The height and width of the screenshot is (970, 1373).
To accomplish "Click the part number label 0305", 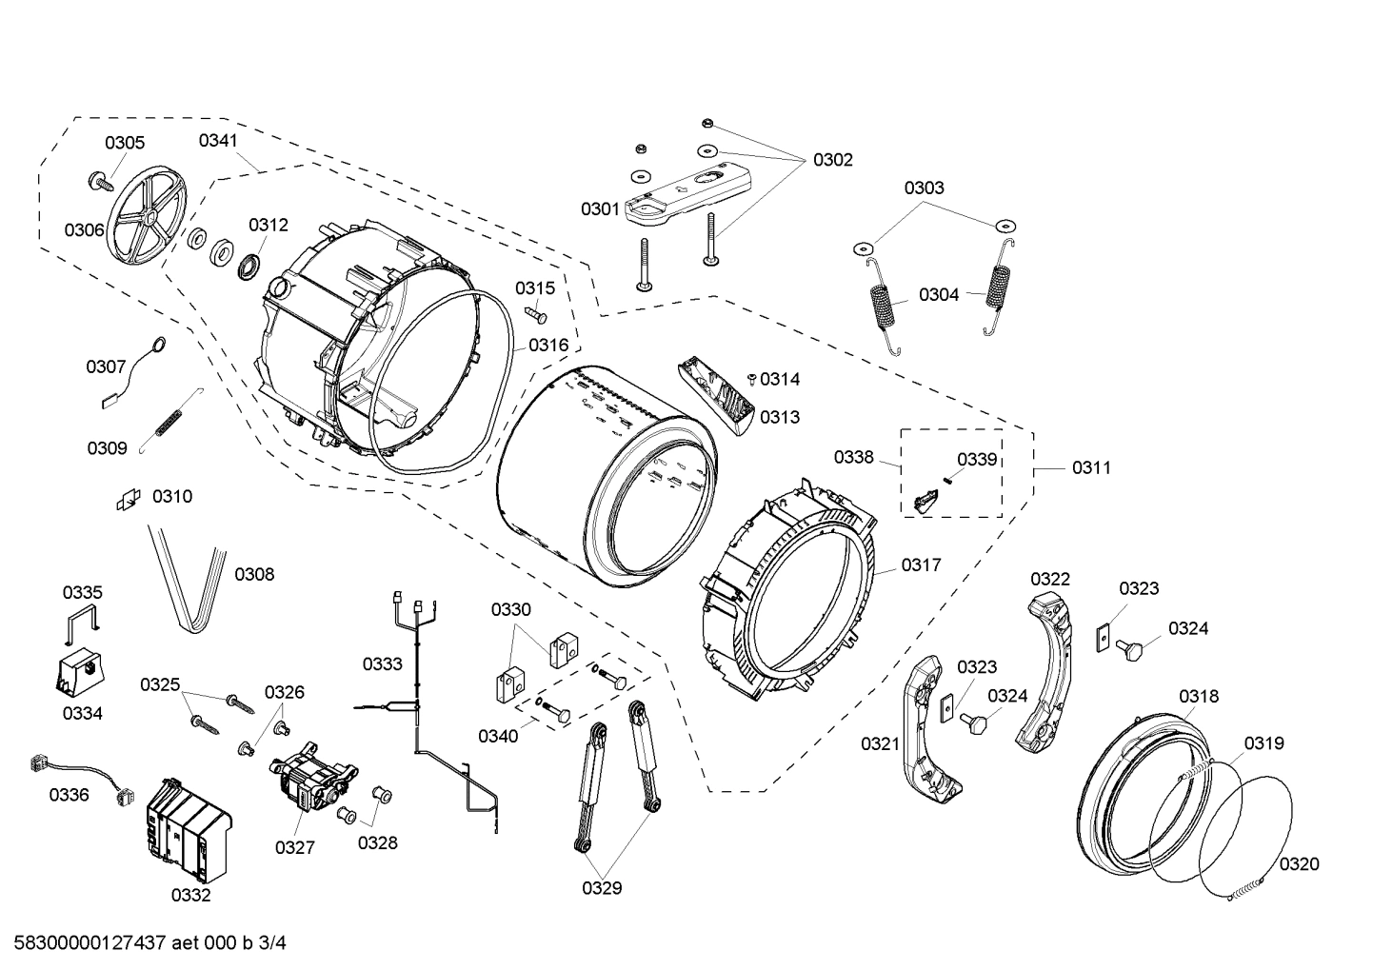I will [x=125, y=143].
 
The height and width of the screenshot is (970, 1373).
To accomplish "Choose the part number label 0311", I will [x=1091, y=467].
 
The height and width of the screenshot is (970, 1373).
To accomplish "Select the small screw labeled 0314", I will [x=752, y=380].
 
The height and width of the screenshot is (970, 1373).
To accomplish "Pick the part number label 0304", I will [x=939, y=295].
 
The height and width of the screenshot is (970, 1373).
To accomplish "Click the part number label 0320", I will [x=1299, y=863].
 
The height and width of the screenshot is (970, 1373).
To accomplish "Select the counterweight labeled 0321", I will [x=928, y=723].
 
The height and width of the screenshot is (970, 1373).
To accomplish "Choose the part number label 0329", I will [x=602, y=888].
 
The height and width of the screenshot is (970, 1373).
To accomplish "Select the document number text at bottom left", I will [x=145, y=943].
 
